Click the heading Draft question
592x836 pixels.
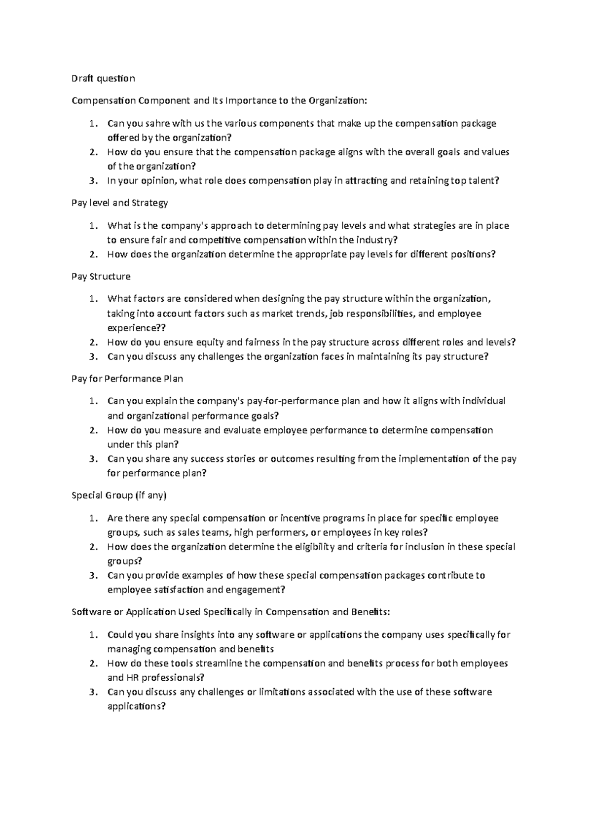pyautogui.click(x=103, y=78)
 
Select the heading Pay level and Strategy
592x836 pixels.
pyautogui.click(x=120, y=203)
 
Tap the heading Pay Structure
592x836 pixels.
pyautogui.click(x=101, y=277)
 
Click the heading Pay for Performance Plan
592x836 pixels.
pyautogui.click(x=127, y=379)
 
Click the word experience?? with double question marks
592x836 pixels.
pyautogui.click(x=137, y=328)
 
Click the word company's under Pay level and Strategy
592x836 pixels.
pyautogui.click(x=188, y=226)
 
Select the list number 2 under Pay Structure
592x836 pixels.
pyautogui.click(x=93, y=342)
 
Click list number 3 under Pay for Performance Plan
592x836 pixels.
pyautogui.click(x=93, y=459)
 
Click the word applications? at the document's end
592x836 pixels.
pyautogui.click(x=137, y=706)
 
